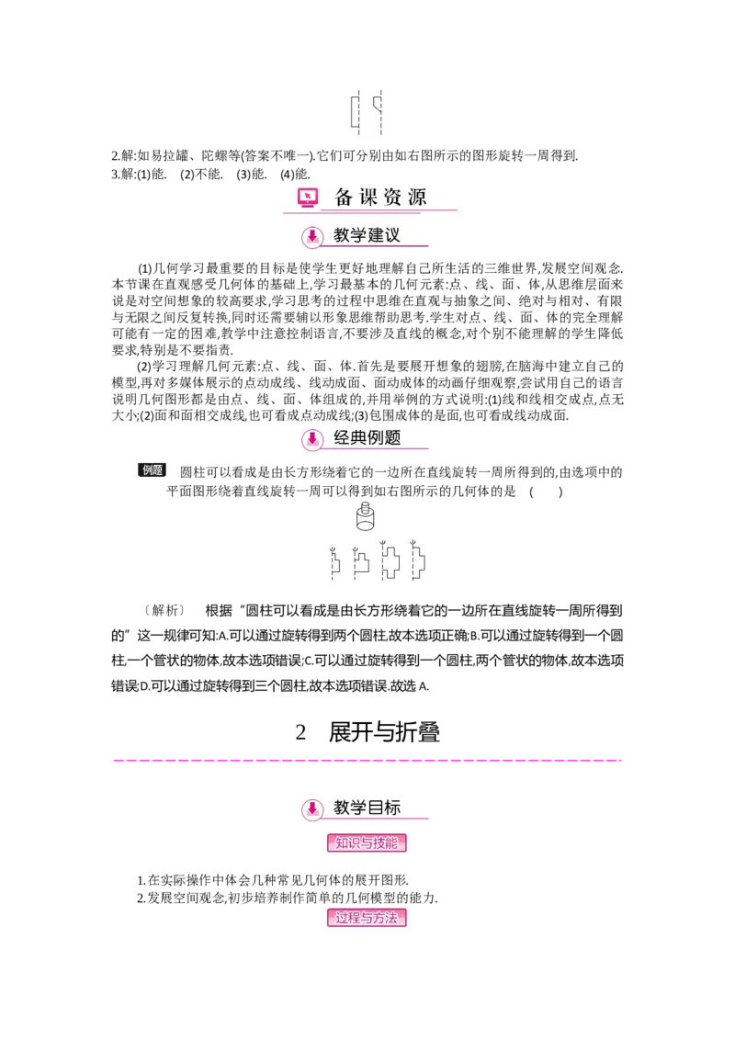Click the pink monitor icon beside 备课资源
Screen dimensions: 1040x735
coord(307,198)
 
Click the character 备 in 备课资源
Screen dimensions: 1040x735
coord(344,197)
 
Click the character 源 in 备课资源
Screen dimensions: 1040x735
coord(417,197)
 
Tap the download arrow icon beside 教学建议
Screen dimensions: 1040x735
coord(312,237)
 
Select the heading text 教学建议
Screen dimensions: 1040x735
coord(367,236)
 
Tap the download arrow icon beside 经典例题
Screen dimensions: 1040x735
coord(312,439)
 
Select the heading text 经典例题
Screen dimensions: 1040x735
coord(367,438)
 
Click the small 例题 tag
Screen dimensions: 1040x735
coord(151,469)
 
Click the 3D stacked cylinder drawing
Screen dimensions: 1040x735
coord(367,519)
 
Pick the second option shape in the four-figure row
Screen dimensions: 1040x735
coord(361,563)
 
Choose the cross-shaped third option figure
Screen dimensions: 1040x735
coord(390,563)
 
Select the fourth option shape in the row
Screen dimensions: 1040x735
coord(419,563)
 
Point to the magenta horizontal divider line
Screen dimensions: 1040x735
coord(367,761)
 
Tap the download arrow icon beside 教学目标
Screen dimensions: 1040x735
coord(312,809)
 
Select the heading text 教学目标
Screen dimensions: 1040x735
coord(367,808)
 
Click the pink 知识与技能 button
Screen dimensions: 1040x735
coord(367,843)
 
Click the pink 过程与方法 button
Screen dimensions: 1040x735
coord(367,918)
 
